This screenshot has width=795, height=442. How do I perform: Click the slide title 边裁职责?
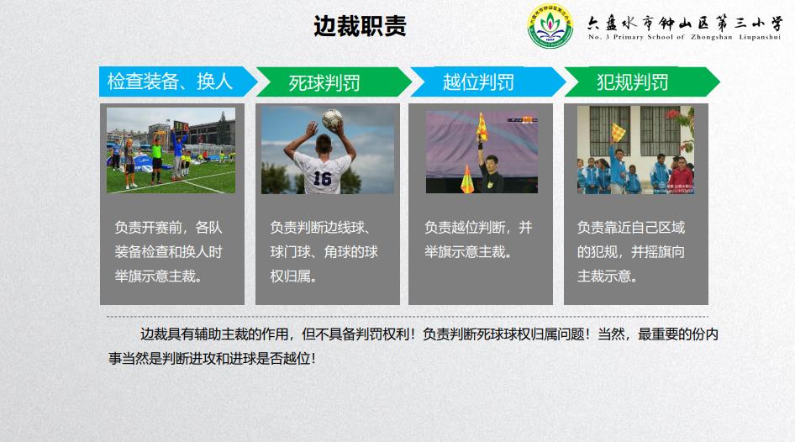point(360,26)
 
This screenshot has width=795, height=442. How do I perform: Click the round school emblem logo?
point(549,27)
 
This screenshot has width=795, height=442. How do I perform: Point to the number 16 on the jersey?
point(322,178)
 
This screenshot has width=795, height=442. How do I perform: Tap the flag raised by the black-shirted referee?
point(482,128)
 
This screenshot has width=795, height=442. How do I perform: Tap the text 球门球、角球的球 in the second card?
point(324,251)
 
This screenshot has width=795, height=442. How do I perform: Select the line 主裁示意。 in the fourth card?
point(606,276)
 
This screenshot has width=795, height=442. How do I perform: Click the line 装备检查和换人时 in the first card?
point(168,251)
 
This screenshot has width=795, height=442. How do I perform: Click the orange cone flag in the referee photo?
point(467,176)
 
